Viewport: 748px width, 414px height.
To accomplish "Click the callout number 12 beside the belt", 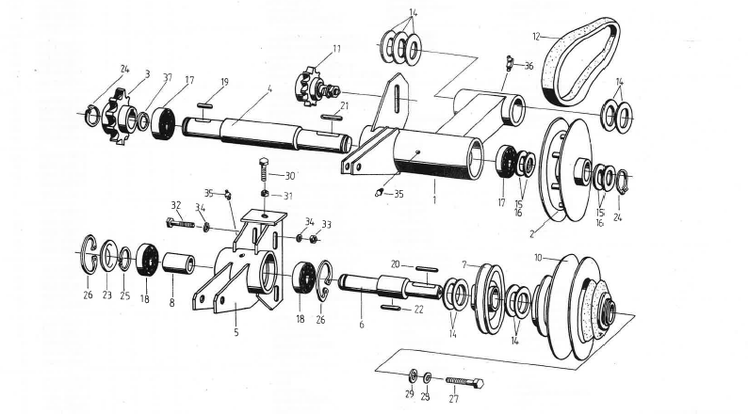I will pyautogui.click(x=536, y=37).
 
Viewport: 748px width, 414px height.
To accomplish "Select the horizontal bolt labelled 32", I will pyautogui.click(x=183, y=224).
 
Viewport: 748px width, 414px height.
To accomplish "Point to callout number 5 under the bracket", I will pyautogui.click(x=236, y=331).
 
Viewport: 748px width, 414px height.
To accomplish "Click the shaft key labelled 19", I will pyautogui.click(x=208, y=104).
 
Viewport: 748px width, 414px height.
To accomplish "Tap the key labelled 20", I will pyautogui.click(x=425, y=267).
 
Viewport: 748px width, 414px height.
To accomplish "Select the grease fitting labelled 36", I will pyautogui.click(x=508, y=63).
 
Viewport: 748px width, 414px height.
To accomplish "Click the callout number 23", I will pyautogui.click(x=107, y=295).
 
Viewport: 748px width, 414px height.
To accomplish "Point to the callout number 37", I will pyautogui.click(x=167, y=77).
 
